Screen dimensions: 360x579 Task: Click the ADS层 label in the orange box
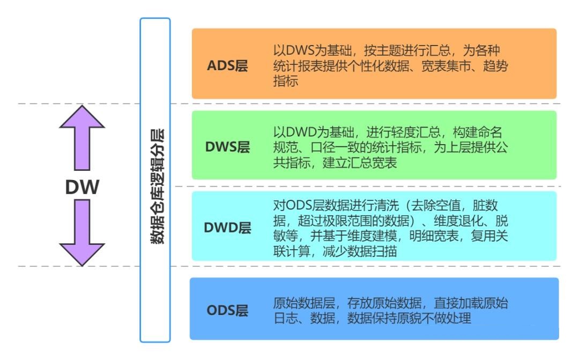click(227, 67)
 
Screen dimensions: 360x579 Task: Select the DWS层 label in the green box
click(228, 148)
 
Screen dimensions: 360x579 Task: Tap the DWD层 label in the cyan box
click(228, 228)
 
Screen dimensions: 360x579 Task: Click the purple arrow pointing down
click(82, 233)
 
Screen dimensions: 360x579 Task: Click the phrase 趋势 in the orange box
click(496, 67)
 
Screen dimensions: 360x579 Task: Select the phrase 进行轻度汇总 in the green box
click(403, 133)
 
